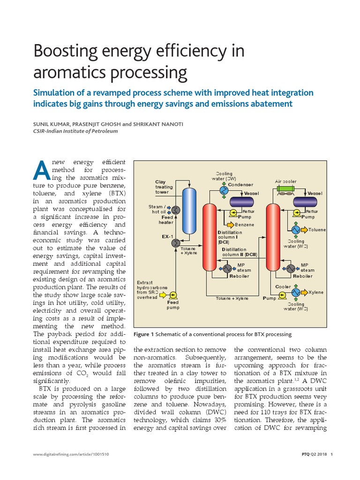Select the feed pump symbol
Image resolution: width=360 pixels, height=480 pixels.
[x=173, y=294]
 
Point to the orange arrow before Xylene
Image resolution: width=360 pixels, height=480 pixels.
[x=304, y=292]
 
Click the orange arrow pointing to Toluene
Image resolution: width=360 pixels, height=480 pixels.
[x=304, y=230]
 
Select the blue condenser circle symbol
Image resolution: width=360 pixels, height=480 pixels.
[x=224, y=191]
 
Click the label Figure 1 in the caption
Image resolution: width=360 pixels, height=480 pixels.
[x=144, y=334]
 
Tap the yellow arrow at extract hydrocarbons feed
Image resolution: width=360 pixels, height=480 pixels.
[x=163, y=294]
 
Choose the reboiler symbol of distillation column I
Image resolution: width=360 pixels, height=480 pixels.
[x=227, y=268]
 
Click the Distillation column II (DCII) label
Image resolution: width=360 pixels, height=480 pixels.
[x=240, y=252]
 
